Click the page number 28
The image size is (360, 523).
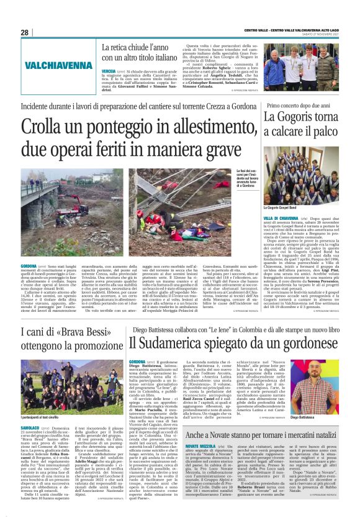25,32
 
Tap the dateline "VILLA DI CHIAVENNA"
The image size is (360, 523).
279,219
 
